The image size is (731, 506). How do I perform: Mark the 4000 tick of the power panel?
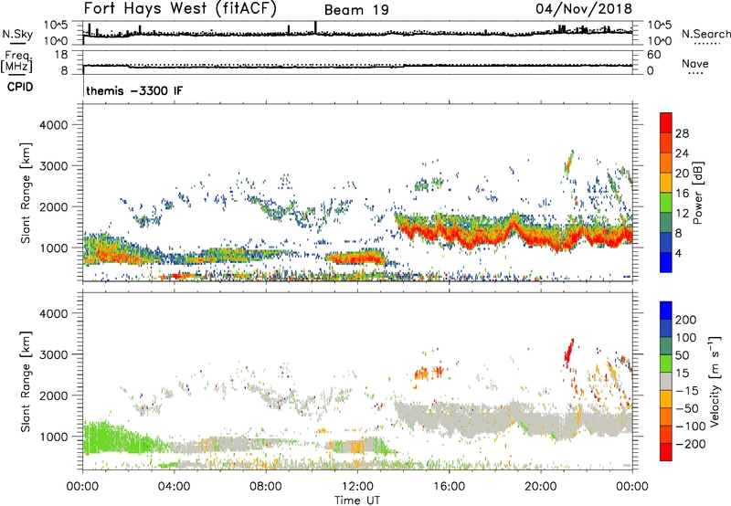60,123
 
